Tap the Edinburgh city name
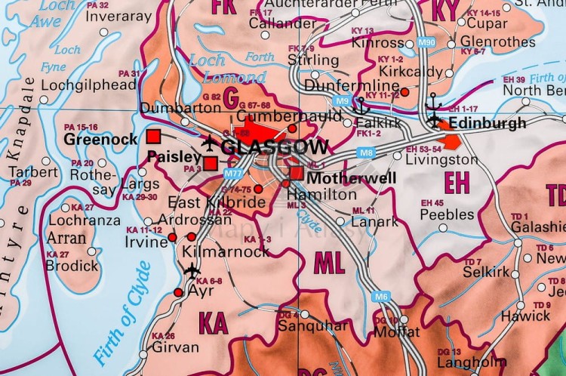point(487,123)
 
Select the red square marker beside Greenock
point(154,137)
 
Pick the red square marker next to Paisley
point(211,163)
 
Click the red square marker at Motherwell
point(296,174)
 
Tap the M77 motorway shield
point(233,174)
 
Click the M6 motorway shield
point(381,297)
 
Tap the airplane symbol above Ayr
point(192,270)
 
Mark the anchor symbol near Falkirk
point(360,106)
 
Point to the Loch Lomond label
point(226,69)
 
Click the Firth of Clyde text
point(120,313)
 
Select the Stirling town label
point(313,60)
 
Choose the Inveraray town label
point(126,17)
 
